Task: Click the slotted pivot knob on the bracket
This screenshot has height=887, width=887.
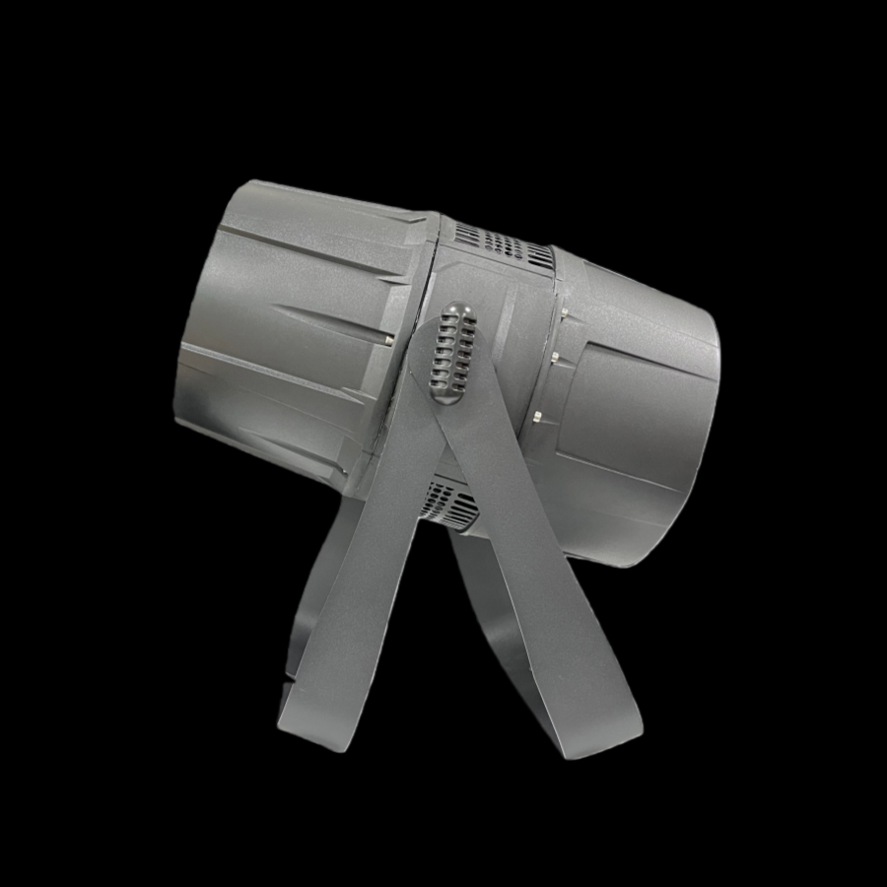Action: (x=451, y=352)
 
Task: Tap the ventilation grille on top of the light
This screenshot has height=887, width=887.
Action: (x=503, y=242)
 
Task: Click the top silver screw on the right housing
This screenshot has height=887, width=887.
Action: (x=565, y=313)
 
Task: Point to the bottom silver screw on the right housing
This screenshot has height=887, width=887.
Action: (x=538, y=417)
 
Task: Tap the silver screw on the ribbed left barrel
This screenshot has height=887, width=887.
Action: (x=391, y=339)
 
